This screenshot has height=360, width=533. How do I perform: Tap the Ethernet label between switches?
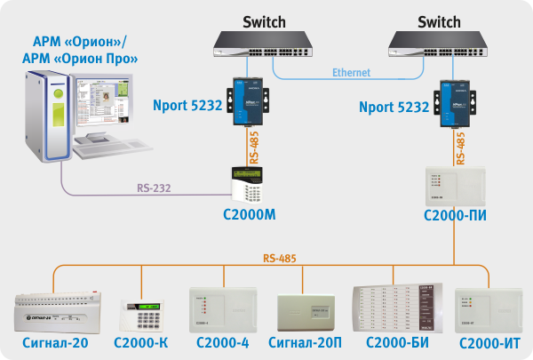pos(351,73)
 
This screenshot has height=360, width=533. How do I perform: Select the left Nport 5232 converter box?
pos(247,100)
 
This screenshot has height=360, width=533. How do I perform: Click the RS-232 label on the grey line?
pos(155,188)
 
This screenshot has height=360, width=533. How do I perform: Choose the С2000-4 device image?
pos(224,308)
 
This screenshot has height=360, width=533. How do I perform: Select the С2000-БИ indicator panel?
pos(398,308)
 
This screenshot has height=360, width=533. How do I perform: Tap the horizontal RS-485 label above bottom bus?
pos(280,259)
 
